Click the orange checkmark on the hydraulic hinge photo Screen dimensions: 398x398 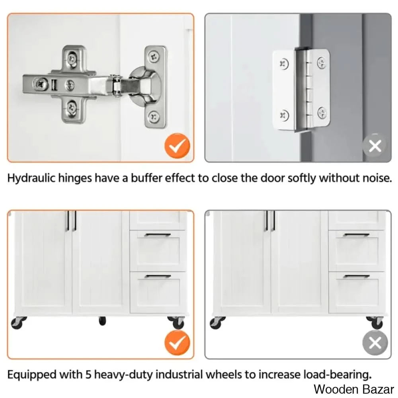(177, 146)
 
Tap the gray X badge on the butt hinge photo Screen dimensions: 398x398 (375, 146)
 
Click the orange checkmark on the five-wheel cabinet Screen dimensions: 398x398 (177, 343)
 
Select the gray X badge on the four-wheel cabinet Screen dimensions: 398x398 (375, 343)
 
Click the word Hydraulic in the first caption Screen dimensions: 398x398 (31, 178)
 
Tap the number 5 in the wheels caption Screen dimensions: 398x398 (88, 375)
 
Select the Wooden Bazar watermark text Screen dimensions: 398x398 (354, 389)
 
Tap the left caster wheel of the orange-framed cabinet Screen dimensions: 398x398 (18, 323)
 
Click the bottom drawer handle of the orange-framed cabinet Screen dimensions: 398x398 (158, 276)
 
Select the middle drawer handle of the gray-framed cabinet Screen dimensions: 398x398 (357, 235)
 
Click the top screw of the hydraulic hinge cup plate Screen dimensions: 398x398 (154, 56)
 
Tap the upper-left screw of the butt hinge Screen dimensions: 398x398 (284, 63)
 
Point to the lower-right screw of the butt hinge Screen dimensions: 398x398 (322, 113)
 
